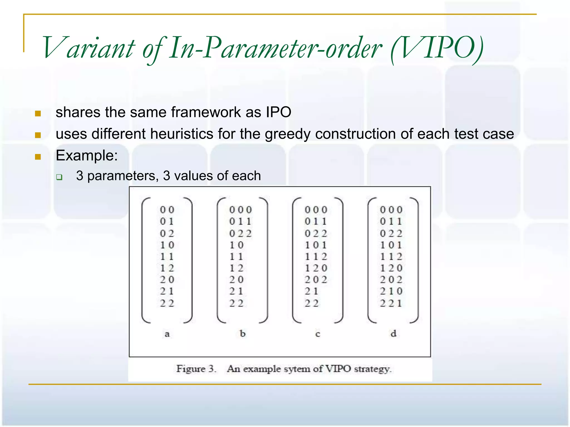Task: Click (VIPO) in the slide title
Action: coord(437,48)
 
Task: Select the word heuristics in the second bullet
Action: coord(182,134)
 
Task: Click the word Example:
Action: coord(87,155)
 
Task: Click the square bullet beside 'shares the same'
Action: coord(38,113)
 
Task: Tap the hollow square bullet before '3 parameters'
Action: coord(59,177)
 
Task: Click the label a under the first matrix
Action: coord(167,334)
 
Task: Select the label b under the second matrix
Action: coord(242,333)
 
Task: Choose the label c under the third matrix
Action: coord(318,334)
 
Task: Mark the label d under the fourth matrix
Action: coord(393,333)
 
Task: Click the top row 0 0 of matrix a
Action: coord(167,210)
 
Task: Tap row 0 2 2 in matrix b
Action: coord(240,234)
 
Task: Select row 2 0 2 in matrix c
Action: coord(316,280)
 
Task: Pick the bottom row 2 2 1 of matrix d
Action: coord(391,303)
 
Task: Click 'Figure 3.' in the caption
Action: coord(196,369)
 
